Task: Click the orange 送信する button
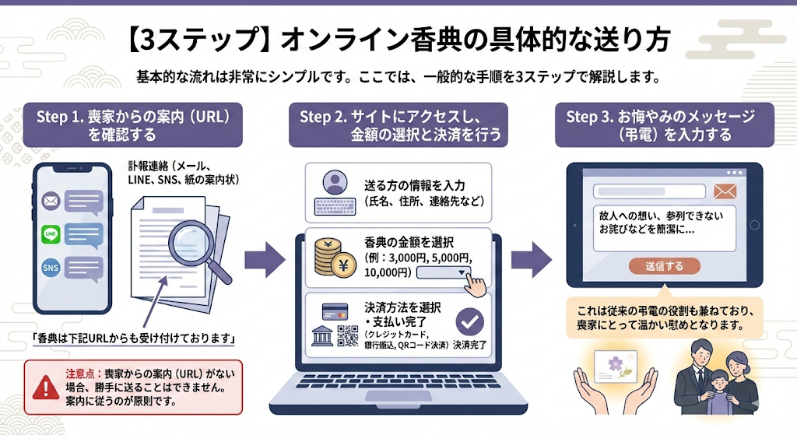pos(664,266)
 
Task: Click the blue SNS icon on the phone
pos(51,268)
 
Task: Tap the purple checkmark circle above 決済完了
pos(469,321)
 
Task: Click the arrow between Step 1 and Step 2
pos(265,258)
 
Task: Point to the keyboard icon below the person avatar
pos(335,206)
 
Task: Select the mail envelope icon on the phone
pos(51,202)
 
